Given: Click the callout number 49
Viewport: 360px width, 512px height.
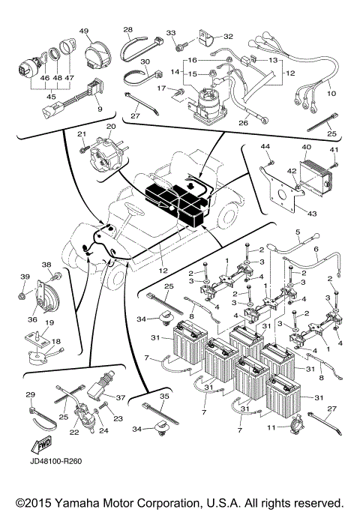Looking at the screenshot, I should coord(84,31).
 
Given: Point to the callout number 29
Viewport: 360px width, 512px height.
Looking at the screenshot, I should coord(31,395).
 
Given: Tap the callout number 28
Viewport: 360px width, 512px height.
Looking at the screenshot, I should coord(127,31).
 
